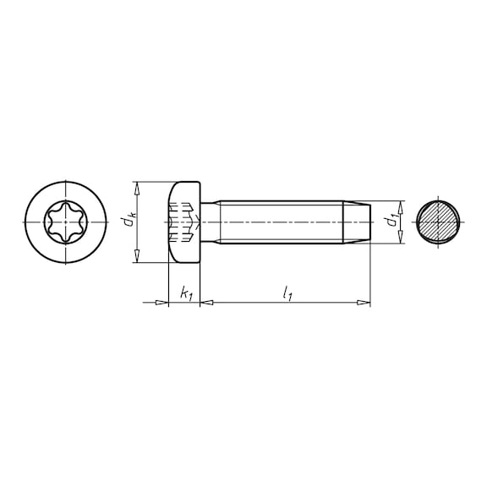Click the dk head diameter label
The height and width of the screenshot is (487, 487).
127,222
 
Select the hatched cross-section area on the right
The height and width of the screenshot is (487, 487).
437,222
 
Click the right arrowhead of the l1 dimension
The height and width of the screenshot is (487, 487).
364,302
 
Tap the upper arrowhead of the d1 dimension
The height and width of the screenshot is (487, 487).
399,205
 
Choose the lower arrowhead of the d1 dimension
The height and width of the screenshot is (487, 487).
399,240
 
